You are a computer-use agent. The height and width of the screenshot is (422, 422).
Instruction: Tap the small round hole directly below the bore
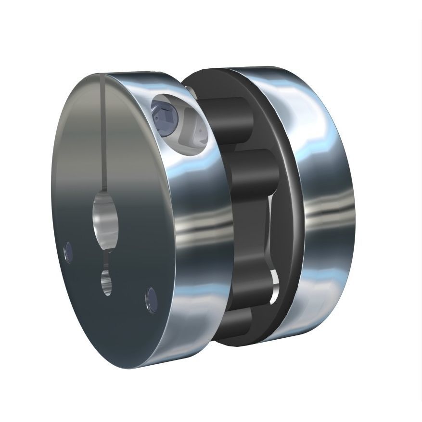tap(106, 281)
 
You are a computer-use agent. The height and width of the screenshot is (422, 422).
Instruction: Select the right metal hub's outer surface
tap(332, 217)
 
